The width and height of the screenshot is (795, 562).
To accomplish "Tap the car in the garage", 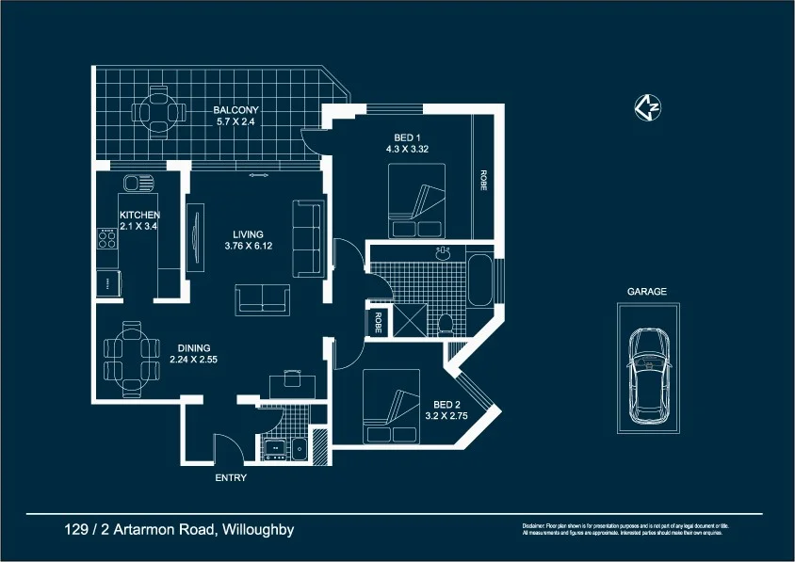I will coord(649,375).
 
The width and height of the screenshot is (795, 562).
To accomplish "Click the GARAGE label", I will coord(647,292).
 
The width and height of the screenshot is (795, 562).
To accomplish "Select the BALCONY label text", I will coord(235,109).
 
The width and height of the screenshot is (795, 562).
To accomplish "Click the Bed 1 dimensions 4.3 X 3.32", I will coord(408,149).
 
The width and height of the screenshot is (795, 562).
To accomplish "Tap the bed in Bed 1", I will coord(415,201).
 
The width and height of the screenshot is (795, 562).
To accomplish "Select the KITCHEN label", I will coord(139,216).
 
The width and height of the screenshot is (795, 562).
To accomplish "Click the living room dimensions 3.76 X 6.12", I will coord(249,246).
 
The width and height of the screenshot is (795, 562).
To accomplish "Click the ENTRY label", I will coord(231,478).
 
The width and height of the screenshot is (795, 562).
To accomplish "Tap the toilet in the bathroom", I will coord(446,324).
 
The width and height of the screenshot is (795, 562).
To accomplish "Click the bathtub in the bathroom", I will coord(479,279).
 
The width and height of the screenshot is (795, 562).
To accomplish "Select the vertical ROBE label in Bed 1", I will coord(483,181).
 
